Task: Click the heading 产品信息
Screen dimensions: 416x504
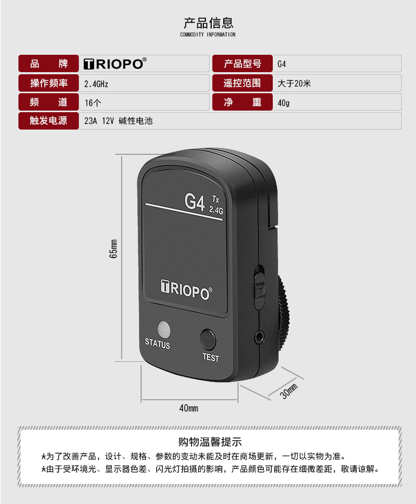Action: (x=209, y=23)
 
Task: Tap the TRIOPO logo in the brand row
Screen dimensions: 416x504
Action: (x=115, y=64)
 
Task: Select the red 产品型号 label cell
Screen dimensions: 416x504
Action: (x=242, y=64)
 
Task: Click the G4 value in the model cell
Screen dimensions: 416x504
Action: (x=282, y=64)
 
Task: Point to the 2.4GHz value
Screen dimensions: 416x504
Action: (x=96, y=84)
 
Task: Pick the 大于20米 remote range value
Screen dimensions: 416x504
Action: (x=294, y=84)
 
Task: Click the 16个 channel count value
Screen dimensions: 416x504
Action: (x=93, y=103)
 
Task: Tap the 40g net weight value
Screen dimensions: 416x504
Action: (x=283, y=103)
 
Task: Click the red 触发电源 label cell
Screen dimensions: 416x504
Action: (x=48, y=121)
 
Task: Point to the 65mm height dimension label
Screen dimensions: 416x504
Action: (x=114, y=249)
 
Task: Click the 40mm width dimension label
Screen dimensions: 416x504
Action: (x=189, y=408)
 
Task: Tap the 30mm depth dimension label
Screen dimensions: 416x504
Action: (x=289, y=391)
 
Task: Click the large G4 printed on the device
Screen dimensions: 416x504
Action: (x=195, y=202)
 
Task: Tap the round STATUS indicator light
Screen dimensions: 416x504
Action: (x=164, y=330)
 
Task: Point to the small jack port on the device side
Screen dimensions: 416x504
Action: (x=259, y=337)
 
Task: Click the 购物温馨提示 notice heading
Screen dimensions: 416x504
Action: (x=210, y=442)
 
